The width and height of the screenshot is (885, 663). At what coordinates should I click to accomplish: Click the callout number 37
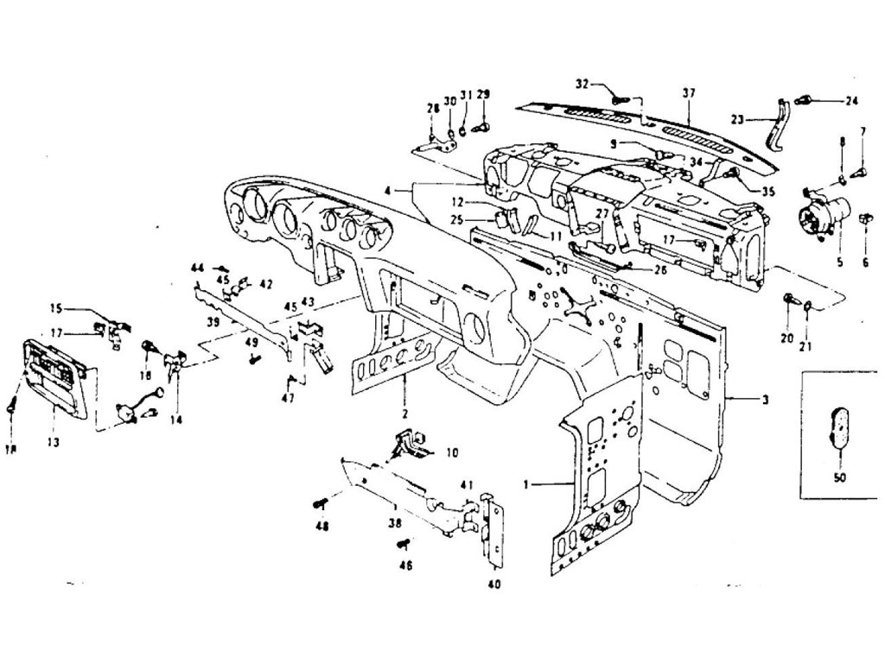point(688,93)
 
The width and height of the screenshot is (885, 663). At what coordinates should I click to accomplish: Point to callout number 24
point(851,100)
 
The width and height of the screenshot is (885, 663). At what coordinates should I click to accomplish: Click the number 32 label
point(583,84)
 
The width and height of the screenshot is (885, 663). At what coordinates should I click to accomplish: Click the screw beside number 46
point(403,544)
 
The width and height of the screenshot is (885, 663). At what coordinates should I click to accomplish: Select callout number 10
point(452,451)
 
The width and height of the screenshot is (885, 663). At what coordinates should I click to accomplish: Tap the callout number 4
point(389,187)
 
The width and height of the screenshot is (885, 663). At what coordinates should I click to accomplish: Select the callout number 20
point(786,338)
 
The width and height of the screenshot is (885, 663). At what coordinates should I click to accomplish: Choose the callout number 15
point(55,308)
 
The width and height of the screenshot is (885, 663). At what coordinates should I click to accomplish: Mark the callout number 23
point(737,120)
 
